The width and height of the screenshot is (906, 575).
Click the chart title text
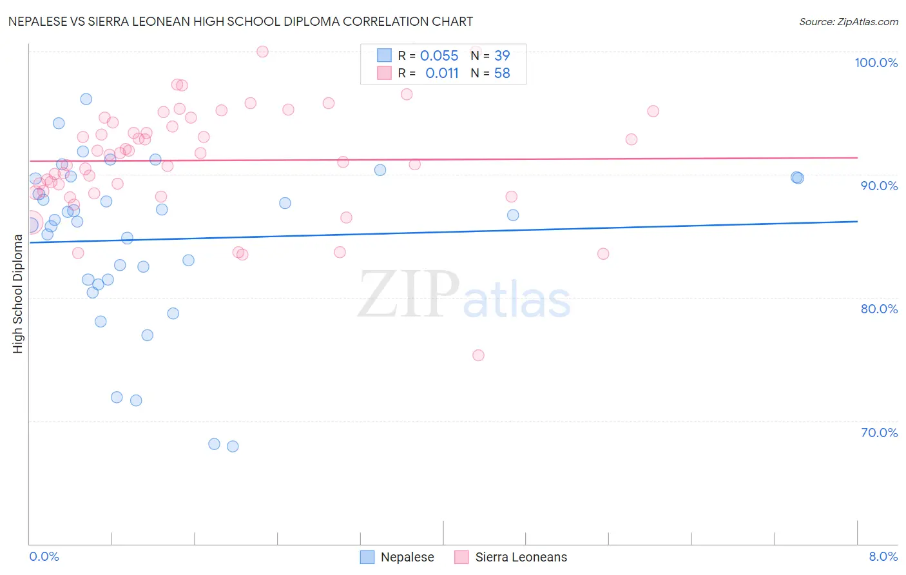coord(240,21)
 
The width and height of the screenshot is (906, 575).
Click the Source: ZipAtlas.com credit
coord(848,21)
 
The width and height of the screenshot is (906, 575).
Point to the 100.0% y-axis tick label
coord(876,63)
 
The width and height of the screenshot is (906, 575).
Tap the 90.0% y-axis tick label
coord(879,186)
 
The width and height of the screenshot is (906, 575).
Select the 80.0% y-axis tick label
coord(879,309)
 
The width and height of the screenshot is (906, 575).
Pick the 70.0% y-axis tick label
coord(879,433)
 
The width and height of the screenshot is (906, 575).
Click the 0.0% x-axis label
coord(44,556)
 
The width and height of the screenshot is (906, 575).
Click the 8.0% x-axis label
coord(883,556)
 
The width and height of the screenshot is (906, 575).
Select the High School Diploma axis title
coord(18,293)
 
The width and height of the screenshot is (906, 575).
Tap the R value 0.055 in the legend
coord(439,56)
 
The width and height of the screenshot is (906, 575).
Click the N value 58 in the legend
coord(502,73)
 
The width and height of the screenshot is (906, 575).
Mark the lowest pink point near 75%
coord(478,355)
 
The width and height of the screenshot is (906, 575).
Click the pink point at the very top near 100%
coord(262,52)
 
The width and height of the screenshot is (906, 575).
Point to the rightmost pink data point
coord(653,111)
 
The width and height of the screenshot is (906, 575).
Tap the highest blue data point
coord(86,99)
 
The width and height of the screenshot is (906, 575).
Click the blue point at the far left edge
coord(30,224)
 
